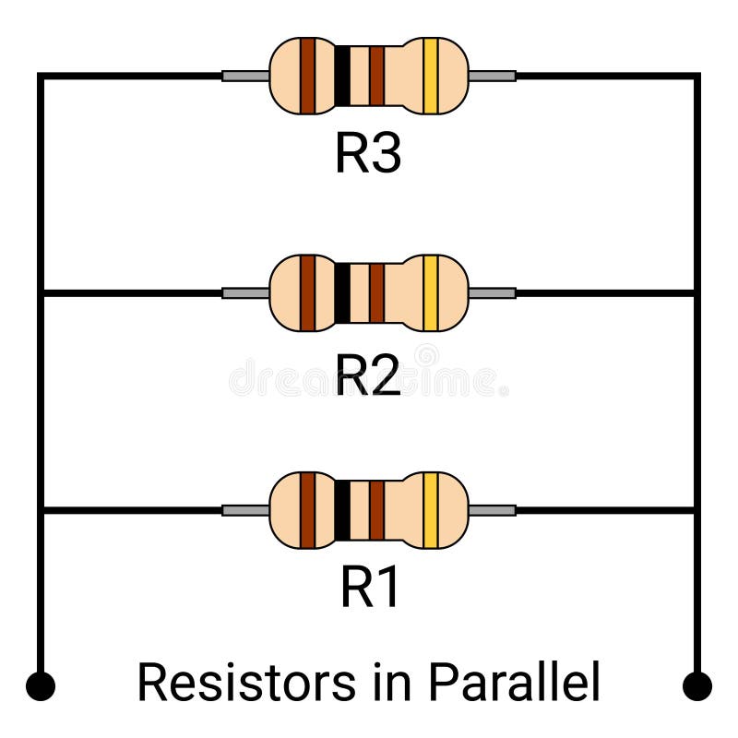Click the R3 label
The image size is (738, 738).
[x=367, y=155]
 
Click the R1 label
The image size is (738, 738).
[x=370, y=588]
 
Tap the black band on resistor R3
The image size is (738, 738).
[x=342, y=76]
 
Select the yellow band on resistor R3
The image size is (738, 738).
[x=430, y=76]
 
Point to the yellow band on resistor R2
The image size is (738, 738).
[x=430, y=293]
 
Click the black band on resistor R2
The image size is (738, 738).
[x=342, y=293]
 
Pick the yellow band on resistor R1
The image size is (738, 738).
[x=430, y=510]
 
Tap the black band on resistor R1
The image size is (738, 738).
[x=342, y=510]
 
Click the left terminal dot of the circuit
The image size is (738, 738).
[x=41, y=686]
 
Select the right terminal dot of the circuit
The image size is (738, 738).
[x=697, y=686]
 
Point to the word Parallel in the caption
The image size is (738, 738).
[x=514, y=683]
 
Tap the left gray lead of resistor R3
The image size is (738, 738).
[x=245, y=76]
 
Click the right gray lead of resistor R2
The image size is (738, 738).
[x=492, y=293]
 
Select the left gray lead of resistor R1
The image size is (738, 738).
[x=245, y=510]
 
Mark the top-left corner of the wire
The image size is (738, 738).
[x=41, y=76]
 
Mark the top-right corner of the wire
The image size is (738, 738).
[x=697, y=76]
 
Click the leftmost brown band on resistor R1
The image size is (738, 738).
[x=307, y=510]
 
